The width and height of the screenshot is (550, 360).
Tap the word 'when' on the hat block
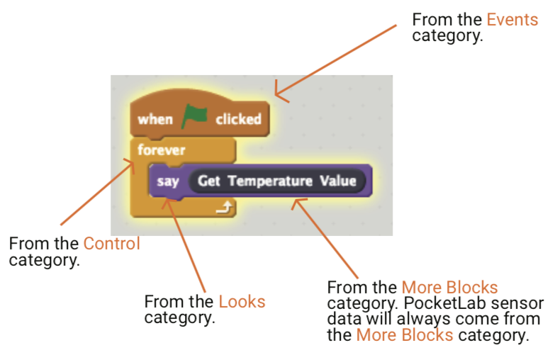tap(155, 119)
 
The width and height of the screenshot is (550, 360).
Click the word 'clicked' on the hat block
tap(238, 119)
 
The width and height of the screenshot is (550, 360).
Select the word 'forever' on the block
tap(161, 150)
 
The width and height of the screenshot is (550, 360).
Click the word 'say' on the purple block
tap(168, 181)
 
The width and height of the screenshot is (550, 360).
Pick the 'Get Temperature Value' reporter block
tap(276, 181)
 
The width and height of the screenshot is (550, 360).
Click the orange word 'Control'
tap(112, 244)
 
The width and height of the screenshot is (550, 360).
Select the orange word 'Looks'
tap(242, 301)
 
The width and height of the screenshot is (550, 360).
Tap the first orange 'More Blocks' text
tap(449, 287)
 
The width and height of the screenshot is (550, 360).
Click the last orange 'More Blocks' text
tap(404, 334)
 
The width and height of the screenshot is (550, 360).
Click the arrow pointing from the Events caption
tap(337, 60)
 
